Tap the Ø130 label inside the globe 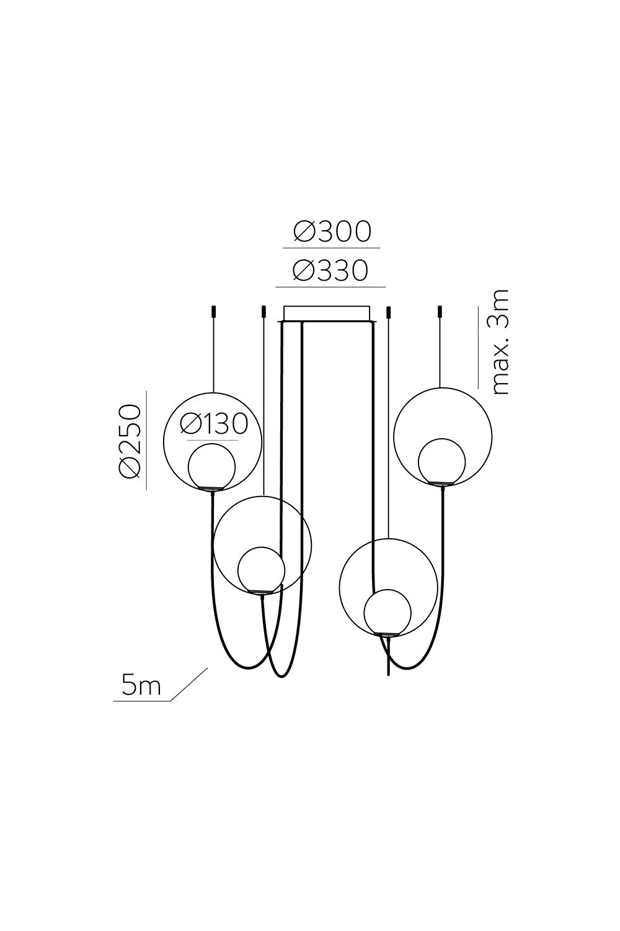click(x=214, y=425)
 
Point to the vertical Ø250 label click(x=129, y=440)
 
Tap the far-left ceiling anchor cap click(x=213, y=312)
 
